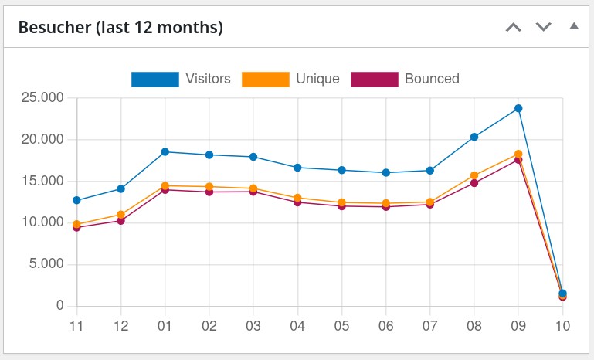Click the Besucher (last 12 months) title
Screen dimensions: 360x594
tap(120, 28)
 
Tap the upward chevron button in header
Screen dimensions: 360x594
tap(514, 27)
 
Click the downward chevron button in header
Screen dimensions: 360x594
tap(544, 27)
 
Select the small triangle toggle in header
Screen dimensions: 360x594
tap(573, 26)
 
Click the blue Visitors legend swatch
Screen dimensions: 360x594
tap(154, 79)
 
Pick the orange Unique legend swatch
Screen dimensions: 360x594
tap(266, 79)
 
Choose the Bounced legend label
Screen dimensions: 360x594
tap(432, 79)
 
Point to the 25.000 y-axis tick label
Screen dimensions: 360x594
tap(42, 98)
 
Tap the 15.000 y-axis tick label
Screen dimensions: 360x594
tap(42, 182)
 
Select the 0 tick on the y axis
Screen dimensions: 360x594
tap(59, 306)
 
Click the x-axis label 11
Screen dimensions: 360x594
tap(76, 326)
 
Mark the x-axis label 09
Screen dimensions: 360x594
tap(518, 326)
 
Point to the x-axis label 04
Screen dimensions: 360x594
tap(297, 326)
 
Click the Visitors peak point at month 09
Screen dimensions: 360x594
tap(518, 108)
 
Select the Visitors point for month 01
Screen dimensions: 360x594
tap(165, 152)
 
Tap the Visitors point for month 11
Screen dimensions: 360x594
tap(76, 200)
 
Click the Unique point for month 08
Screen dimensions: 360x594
tap(474, 175)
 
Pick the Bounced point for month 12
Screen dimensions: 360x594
tap(120, 221)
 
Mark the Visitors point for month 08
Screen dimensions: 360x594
tap(474, 137)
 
